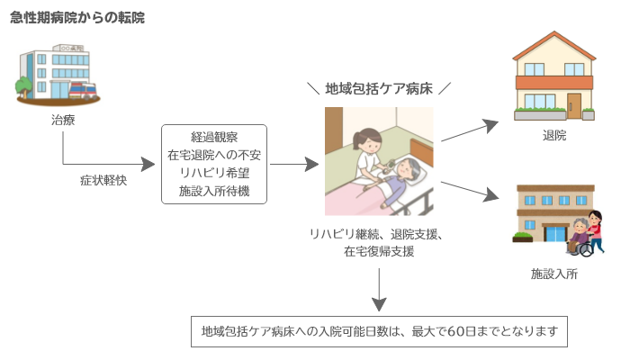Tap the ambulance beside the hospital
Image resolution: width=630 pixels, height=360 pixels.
coord(83,91)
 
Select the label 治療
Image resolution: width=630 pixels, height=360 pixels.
coord(63,120)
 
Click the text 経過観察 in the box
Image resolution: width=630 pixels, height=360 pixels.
coord(214,137)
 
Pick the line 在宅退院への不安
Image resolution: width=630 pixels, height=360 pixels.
coord(214,155)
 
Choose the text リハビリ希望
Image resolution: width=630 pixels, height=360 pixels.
coord(214,173)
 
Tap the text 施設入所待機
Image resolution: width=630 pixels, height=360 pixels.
coord(214,191)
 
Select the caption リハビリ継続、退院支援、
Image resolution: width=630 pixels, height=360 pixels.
coord(378,234)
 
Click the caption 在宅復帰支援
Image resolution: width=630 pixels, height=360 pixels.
coord(378,252)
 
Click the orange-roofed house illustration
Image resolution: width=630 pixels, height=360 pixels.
coord(554,76)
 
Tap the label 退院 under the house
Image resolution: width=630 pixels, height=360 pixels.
coord(554,137)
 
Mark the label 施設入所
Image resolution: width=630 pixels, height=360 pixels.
coord(554,274)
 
